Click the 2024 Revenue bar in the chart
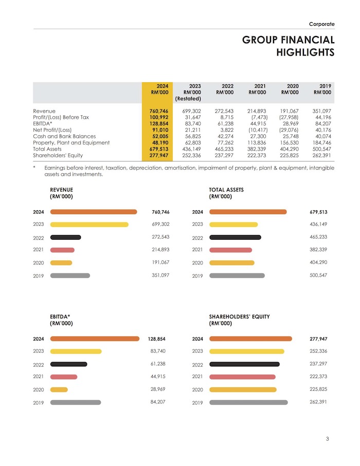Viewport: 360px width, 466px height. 94,212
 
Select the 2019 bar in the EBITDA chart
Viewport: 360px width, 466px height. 76,402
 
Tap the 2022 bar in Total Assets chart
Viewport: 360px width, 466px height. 235,237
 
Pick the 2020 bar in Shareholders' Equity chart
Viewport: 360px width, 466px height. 243,389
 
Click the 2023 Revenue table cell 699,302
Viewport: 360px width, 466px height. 191,111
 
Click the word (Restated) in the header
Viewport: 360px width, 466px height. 188,98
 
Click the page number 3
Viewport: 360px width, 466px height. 328,439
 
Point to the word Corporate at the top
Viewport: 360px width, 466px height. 321,24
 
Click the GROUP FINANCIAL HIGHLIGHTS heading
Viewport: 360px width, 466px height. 289,46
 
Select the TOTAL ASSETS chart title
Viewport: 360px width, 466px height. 226,193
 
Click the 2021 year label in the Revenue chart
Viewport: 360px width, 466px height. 38,250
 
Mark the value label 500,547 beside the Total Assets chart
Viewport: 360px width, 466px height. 318,275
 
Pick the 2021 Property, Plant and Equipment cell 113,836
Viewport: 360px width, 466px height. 257,142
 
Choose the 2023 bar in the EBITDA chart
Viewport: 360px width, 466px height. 76,351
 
